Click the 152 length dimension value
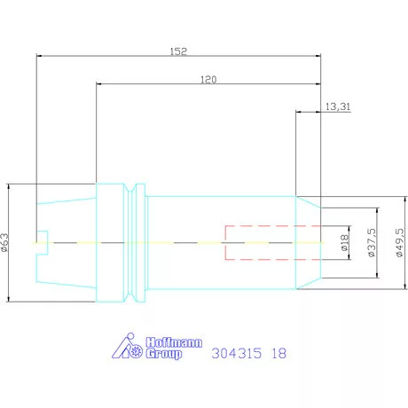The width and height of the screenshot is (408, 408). (178, 51)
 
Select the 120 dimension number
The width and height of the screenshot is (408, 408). (208, 80)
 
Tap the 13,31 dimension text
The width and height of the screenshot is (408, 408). (338, 106)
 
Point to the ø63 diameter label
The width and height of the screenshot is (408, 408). (5, 242)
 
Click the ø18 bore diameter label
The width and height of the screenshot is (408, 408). (345, 243)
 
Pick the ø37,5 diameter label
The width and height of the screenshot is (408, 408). (372, 242)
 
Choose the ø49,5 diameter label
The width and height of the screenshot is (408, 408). (399, 242)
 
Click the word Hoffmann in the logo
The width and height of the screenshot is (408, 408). (174, 342)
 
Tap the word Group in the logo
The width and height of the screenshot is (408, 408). (163, 354)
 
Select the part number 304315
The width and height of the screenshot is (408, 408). (237, 353)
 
